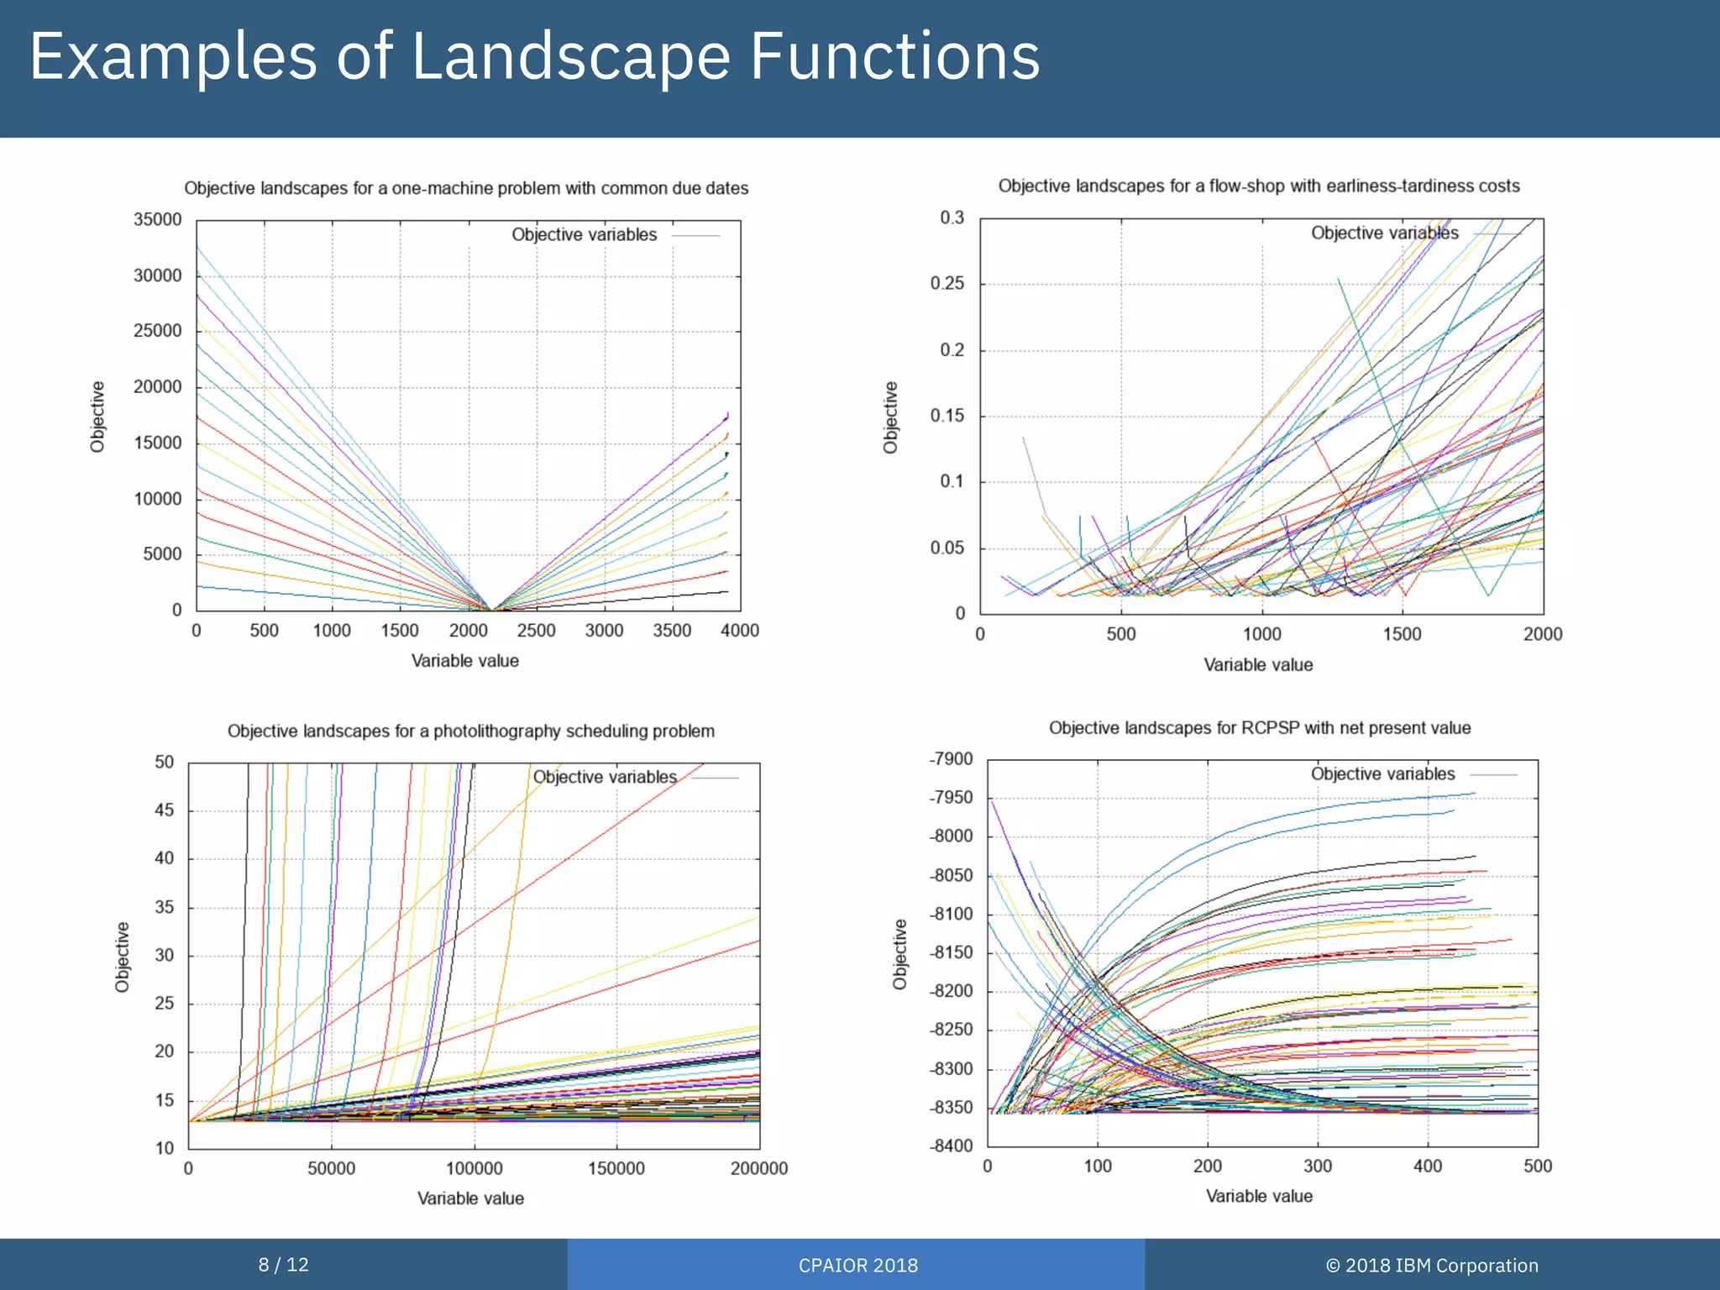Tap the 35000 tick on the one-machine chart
[x=157, y=220]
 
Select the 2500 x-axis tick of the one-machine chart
[x=536, y=631]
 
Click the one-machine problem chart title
[x=466, y=188]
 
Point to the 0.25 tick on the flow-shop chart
[x=947, y=284]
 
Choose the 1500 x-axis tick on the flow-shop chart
[x=1402, y=634]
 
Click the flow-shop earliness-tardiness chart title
[x=1258, y=186]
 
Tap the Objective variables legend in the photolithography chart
[x=605, y=777]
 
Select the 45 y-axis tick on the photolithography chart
[x=165, y=810]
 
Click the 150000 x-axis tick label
[x=616, y=1168]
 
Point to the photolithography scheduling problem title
[x=470, y=731]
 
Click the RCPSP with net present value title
[x=1259, y=728]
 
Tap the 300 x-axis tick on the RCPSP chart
[x=1317, y=1166]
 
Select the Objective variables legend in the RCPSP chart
[x=1382, y=773]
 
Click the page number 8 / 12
[x=283, y=1265]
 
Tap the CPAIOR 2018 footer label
[x=857, y=1266]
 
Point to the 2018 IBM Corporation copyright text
[x=1431, y=1266]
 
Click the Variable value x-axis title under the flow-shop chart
[x=1257, y=665]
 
